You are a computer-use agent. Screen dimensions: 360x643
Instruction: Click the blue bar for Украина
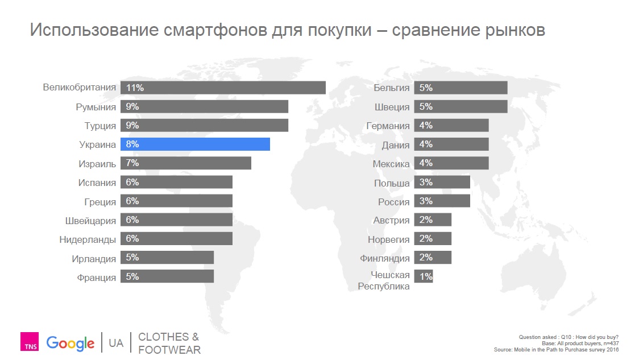click(195, 144)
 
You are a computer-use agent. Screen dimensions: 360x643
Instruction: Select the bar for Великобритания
click(223, 88)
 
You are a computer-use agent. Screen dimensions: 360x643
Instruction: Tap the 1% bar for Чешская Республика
click(424, 277)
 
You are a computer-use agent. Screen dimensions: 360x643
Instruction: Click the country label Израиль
click(97, 164)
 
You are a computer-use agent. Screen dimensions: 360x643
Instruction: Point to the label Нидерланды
click(88, 239)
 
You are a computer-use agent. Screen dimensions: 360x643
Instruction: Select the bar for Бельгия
click(461, 88)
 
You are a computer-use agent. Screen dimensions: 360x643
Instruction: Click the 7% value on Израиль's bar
click(132, 163)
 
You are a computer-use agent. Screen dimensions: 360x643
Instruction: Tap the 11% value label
click(135, 88)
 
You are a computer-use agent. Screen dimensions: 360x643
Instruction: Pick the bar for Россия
click(442, 201)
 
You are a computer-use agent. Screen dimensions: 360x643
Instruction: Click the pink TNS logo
click(29, 342)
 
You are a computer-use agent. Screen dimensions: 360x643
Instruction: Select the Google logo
click(70, 343)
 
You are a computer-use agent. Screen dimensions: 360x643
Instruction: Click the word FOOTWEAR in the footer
click(169, 350)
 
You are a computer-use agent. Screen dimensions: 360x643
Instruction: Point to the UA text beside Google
click(116, 344)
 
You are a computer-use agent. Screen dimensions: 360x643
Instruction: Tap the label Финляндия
click(385, 258)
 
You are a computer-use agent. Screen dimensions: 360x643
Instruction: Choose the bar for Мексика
click(451, 163)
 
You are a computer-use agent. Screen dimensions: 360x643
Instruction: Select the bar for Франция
click(167, 277)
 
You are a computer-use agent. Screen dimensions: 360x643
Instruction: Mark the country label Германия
click(388, 126)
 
